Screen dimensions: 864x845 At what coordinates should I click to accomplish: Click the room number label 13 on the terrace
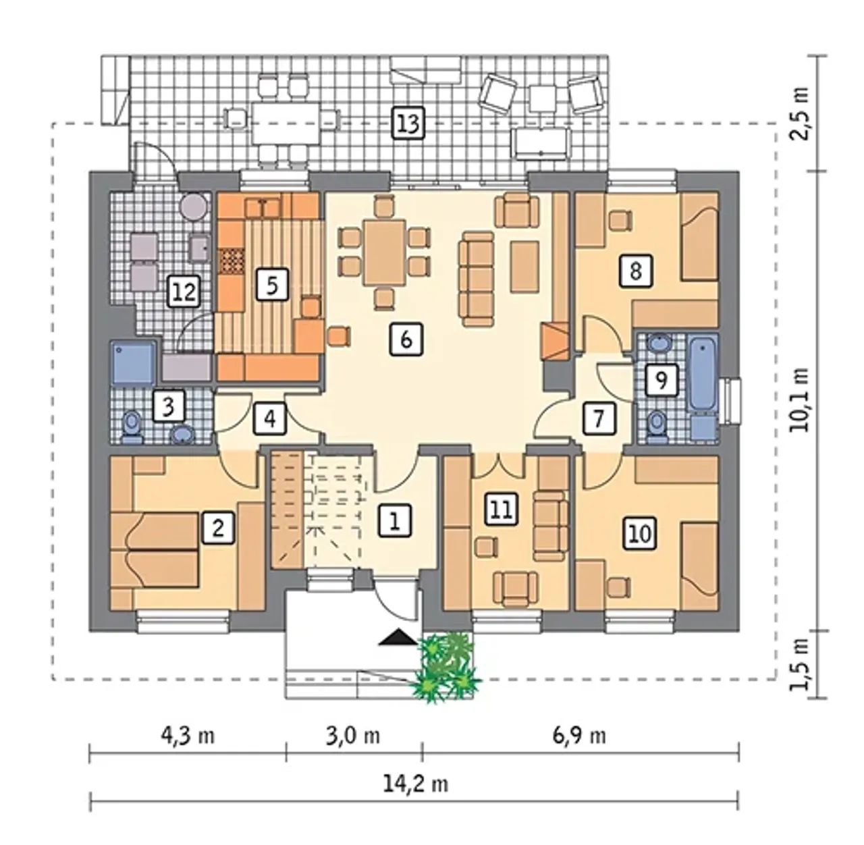(408, 123)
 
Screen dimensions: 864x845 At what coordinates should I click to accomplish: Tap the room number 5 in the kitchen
(272, 284)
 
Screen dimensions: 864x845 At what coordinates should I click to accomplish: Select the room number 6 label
(406, 339)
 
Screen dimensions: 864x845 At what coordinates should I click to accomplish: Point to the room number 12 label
(184, 292)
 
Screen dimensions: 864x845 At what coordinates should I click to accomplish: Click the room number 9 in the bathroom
(661, 380)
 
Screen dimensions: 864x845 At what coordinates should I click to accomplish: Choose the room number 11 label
(502, 510)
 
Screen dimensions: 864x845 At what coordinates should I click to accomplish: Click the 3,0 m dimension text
(352, 736)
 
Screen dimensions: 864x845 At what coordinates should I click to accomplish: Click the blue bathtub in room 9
(703, 374)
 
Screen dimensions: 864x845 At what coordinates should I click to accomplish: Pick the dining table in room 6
(385, 252)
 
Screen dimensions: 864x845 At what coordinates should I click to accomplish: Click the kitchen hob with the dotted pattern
(231, 262)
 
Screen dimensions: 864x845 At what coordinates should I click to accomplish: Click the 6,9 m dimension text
(579, 736)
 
